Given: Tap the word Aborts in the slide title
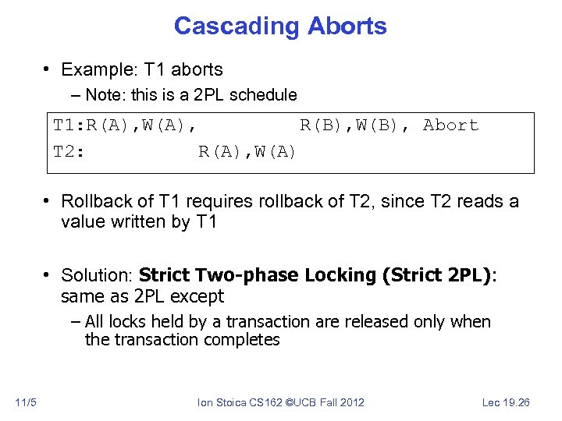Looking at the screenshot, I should (347, 26).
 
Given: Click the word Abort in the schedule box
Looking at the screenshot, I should (450, 126).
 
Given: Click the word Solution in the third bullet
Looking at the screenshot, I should (95, 275).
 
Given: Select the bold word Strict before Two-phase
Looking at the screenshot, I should (165, 275).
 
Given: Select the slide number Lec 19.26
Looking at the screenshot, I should (507, 402).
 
